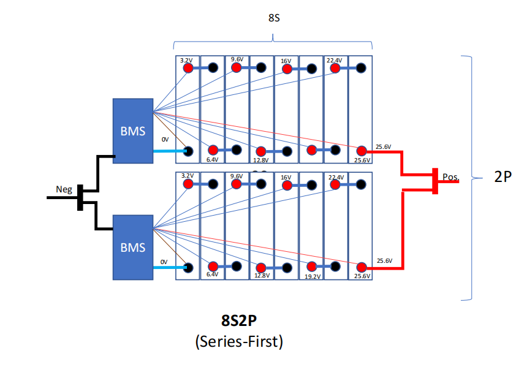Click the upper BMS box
(132, 131)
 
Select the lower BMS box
(132, 247)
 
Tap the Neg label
(64, 189)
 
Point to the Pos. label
(450, 177)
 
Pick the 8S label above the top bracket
(275, 18)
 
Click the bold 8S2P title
(239, 320)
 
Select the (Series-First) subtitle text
(239, 341)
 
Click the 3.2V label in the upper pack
(187, 60)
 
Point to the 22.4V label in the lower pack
(335, 177)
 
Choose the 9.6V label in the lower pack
(236, 176)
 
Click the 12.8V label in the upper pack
(262, 160)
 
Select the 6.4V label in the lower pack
(212, 274)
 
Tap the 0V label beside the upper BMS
(165, 140)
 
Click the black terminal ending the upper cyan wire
(188, 151)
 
